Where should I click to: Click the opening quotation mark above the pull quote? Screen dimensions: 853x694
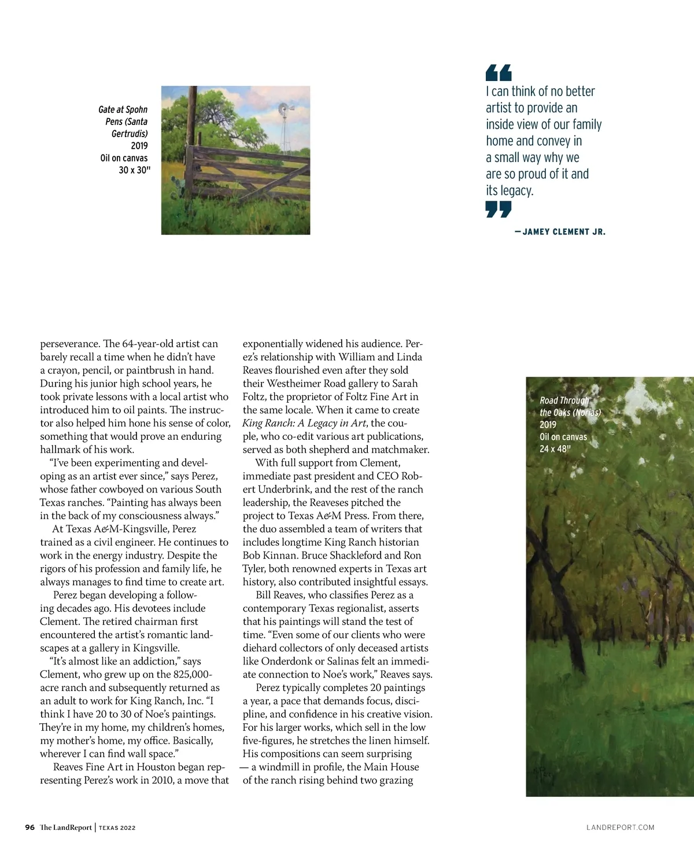coord(499,72)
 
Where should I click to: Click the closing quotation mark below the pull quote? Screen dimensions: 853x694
coord(499,209)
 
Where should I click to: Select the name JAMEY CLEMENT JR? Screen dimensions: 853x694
coord(563,231)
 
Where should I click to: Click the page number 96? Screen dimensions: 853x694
coord(30,827)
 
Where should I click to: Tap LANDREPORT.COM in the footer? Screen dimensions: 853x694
coord(620,828)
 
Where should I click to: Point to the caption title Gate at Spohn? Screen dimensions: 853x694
coord(123,109)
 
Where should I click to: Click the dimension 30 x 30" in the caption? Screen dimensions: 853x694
coord(134,170)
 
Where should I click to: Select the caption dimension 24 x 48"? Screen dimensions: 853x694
coord(555,448)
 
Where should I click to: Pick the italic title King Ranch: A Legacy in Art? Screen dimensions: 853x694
coord(304,423)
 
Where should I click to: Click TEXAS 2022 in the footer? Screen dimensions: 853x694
coord(117,828)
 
